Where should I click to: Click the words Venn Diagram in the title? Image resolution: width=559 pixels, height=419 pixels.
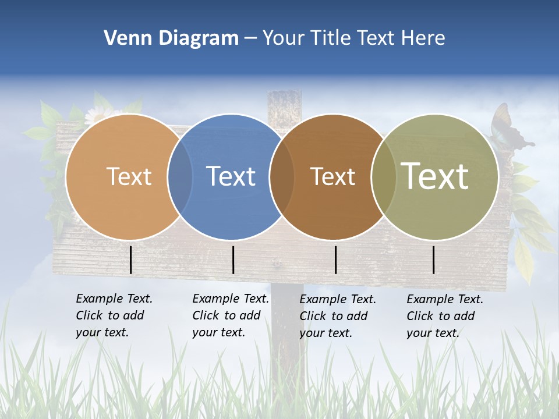[x=171, y=38]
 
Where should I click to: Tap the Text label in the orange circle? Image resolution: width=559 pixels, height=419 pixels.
[x=129, y=176]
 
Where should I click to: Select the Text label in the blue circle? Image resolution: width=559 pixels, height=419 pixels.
[x=231, y=176]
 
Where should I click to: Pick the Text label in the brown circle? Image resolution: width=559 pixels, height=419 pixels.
[x=332, y=176]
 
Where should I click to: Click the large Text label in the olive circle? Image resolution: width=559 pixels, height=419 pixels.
[x=434, y=176]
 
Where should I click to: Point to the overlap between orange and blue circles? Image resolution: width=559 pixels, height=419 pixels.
[x=180, y=177]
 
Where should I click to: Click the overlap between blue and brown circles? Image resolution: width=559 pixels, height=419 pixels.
[x=282, y=177]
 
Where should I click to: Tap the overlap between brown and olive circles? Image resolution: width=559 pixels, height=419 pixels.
[x=383, y=177]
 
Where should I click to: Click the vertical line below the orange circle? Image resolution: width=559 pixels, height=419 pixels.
[x=131, y=260]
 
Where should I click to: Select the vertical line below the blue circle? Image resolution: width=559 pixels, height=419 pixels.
[x=233, y=260]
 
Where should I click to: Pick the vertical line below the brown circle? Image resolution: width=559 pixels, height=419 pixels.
[x=336, y=260]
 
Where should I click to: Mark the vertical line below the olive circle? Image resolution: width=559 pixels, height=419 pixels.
[x=434, y=260]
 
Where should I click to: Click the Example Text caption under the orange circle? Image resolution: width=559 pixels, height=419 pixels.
[x=114, y=315]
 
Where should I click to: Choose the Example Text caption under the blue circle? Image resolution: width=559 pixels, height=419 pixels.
[x=230, y=315]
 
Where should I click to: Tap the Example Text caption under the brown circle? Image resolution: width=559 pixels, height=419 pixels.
[x=337, y=316]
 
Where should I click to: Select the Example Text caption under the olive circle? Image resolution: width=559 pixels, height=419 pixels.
[x=444, y=316]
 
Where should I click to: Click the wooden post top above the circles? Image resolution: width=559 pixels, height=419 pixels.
[x=284, y=105]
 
